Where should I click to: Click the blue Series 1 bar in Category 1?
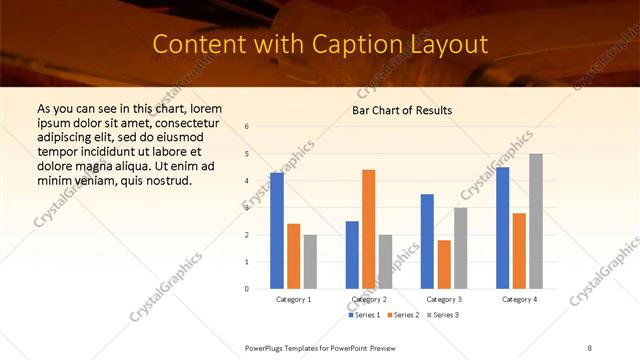point(277,231)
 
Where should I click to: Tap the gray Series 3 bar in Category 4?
point(536,221)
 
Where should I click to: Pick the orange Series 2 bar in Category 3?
point(444,264)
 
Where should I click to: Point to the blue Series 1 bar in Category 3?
point(427,241)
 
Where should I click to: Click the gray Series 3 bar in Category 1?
point(310,261)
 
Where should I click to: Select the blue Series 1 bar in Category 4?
point(502,228)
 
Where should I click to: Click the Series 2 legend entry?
point(402,315)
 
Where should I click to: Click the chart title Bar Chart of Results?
point(402,110)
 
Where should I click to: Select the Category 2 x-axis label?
point(369,299)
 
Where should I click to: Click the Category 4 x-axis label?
point(519,299)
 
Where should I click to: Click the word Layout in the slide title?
point(446,45)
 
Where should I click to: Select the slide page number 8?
point(589,346)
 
